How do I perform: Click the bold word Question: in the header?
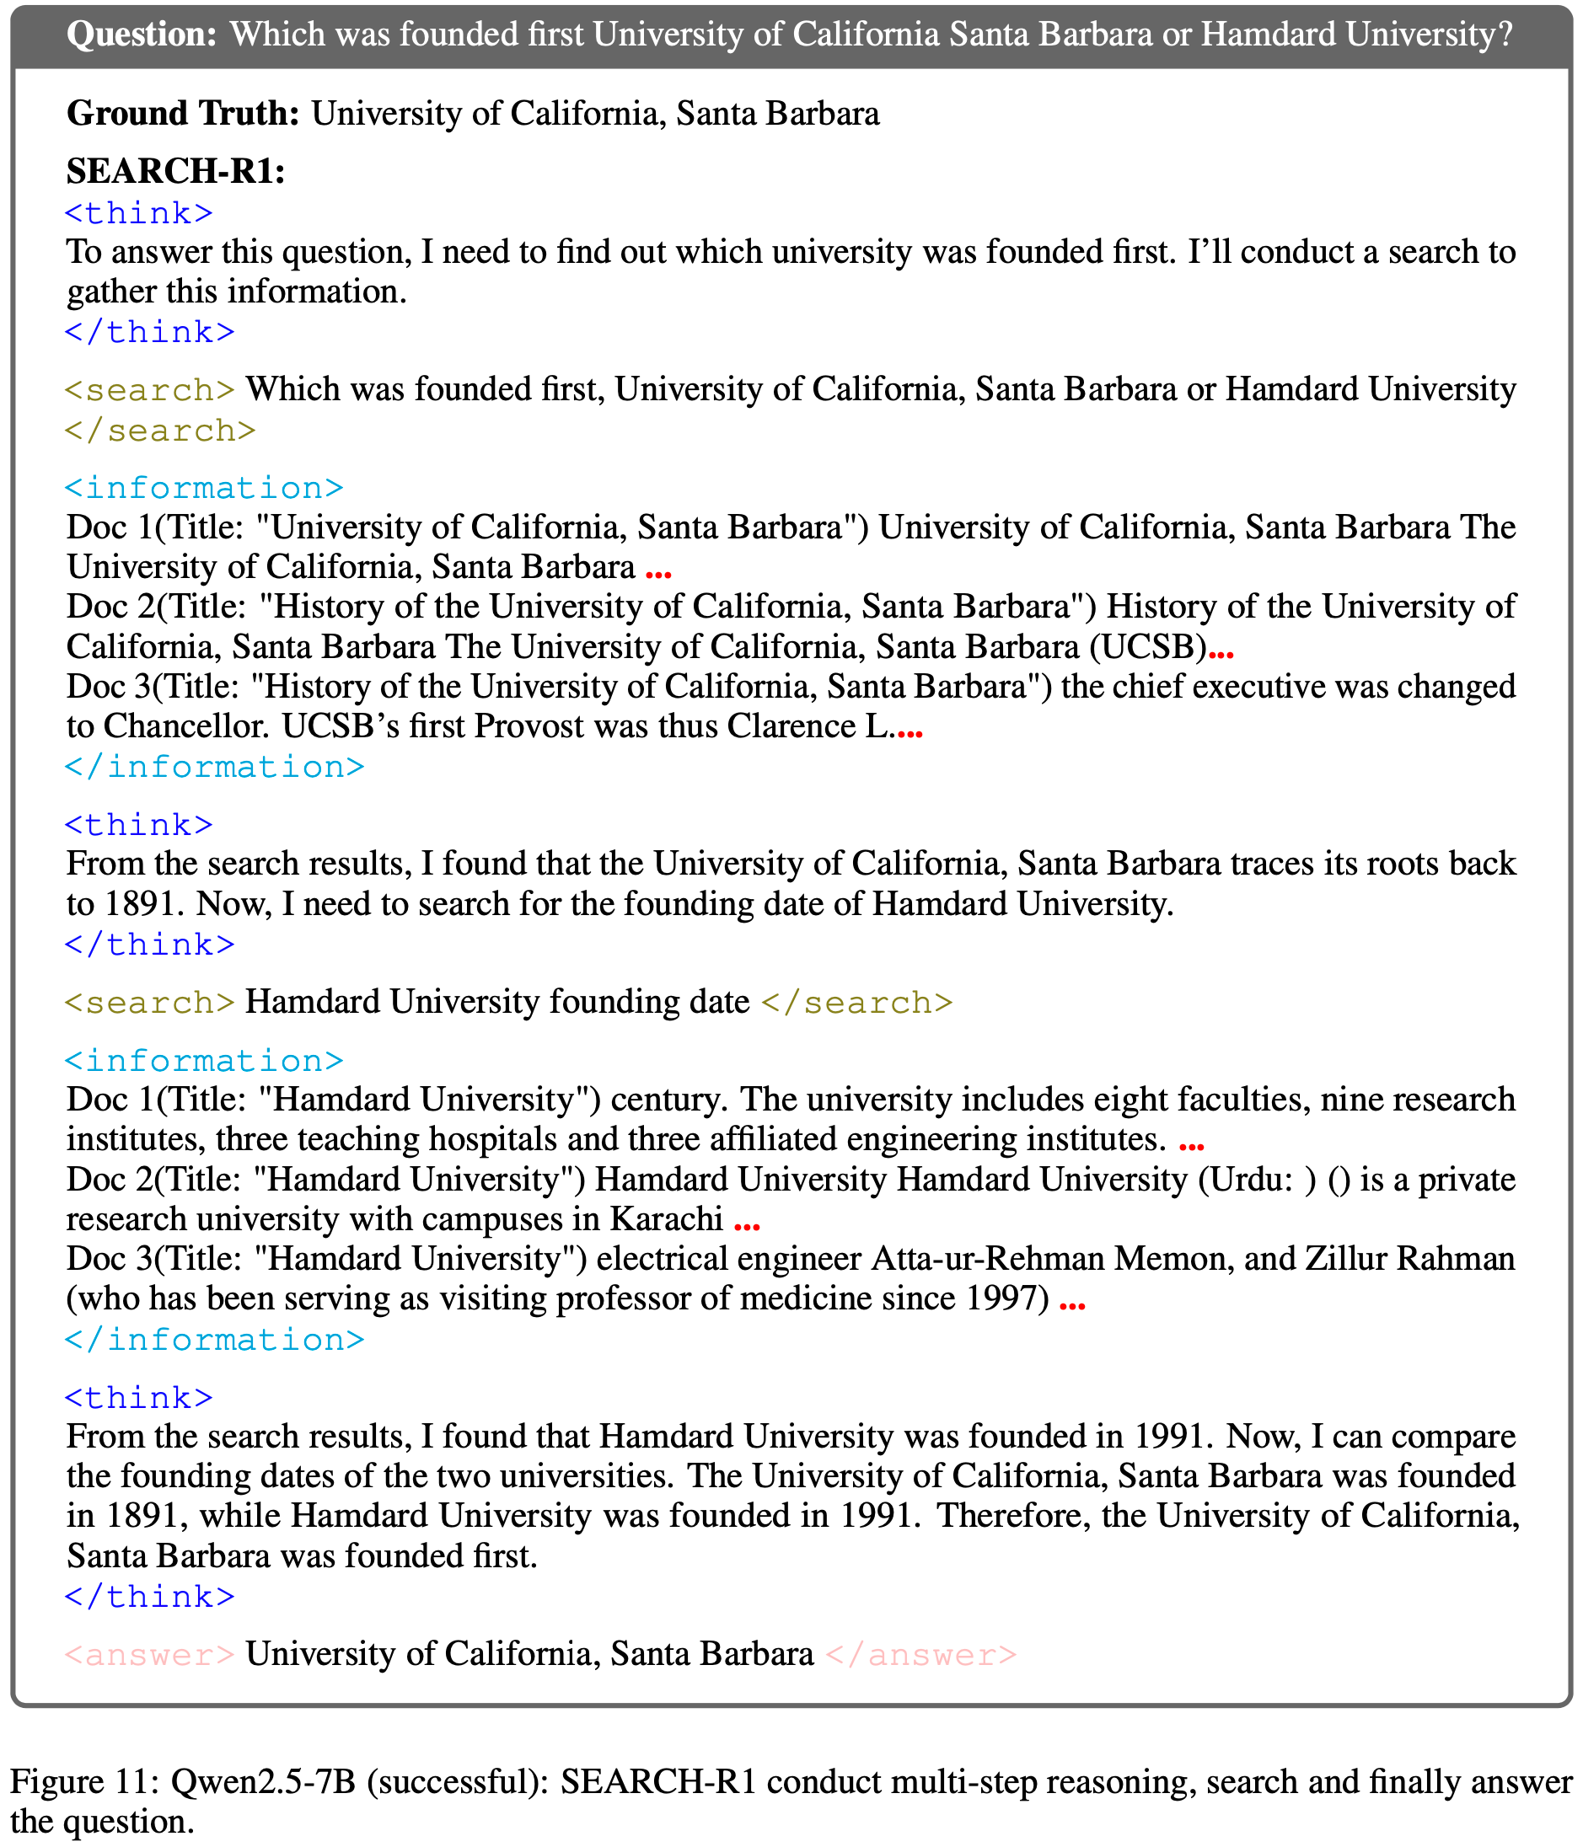click(x=141, y=35)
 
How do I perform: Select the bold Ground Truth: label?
click(x=183, y=114)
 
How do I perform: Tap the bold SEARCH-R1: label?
click(x=175, y=171)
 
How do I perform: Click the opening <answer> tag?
click(x=150, y=1654)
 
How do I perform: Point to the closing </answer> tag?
click(x=921, y=1654)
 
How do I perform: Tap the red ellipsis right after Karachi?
click(x=746, y=1225)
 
